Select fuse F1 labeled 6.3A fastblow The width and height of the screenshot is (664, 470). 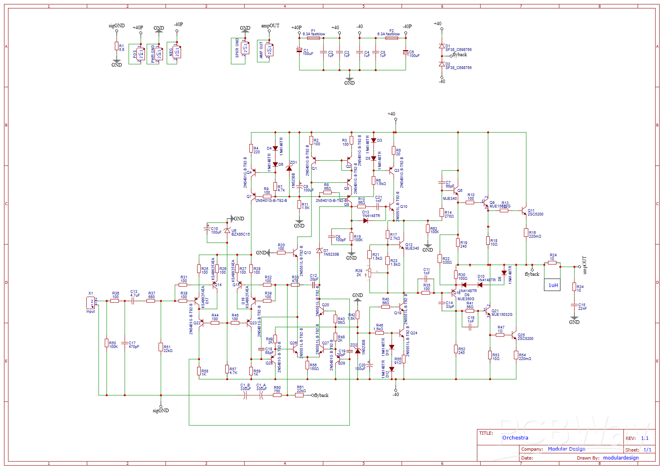click(x=314, y=38)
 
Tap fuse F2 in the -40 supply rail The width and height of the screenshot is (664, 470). click(x=391, y=38)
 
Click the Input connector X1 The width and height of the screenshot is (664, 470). click(x=91, y=303)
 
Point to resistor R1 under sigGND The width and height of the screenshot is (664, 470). click(x=116, y=47)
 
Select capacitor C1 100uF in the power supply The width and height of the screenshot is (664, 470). click(x=299, y=51)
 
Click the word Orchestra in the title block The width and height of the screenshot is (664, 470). click(x=515, y=438)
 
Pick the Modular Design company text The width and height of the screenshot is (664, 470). click(x=566, y=449)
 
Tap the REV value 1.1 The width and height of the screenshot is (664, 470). click(x=645, y=438)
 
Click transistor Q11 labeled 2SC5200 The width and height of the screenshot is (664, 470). click(x=524, y=211)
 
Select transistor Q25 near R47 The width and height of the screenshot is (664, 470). click(x=514, y=335)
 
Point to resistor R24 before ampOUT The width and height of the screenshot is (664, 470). click(x=552, y=263)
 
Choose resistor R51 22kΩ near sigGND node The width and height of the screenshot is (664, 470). click(x=161, y=348)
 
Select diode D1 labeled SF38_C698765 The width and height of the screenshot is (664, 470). click(x=442, y=46)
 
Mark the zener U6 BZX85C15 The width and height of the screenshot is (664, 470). click(x=227, y=231)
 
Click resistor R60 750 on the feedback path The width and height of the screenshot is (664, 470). click(x=277, y=395)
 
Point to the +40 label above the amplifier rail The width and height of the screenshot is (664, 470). click(x=391, y=114)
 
